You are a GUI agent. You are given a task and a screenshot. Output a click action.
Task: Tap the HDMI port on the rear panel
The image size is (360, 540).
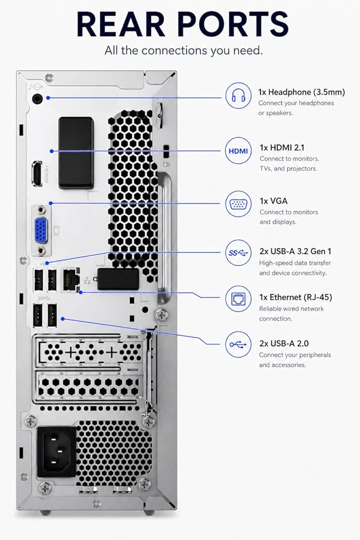point(37,173)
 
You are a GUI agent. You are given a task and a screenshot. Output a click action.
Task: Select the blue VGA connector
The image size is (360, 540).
point(42,230)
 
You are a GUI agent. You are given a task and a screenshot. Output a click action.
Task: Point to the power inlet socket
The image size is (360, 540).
point(57,452)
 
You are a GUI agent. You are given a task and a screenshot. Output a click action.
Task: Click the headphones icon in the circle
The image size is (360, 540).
point(238,96)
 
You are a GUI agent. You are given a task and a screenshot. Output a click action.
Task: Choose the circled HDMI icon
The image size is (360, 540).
point(238,151)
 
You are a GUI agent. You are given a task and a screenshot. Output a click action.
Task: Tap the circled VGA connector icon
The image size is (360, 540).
point(238,204)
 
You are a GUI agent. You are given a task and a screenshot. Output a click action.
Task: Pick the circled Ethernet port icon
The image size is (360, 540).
point(238,299)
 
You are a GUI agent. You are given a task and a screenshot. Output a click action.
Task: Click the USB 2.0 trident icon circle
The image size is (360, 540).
point(238,345)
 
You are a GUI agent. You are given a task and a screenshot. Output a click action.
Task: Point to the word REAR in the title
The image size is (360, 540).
point(120,24)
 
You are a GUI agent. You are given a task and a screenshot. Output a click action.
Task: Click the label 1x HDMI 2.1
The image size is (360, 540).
point(282,148)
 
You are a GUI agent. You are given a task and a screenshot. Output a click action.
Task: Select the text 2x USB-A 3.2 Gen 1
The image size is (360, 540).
point(295,252)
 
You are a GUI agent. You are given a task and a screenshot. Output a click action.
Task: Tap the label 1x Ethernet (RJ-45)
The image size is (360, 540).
point(296,297)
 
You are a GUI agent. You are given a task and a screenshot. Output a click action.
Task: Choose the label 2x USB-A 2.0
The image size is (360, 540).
point(284,343)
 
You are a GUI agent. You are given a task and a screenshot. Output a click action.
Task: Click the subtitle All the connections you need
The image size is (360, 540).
point(184,51)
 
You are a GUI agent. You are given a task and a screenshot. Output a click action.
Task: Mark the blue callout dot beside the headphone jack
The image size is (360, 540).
point(48,98)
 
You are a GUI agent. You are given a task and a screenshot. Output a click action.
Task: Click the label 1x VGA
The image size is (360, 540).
point(274,201)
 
